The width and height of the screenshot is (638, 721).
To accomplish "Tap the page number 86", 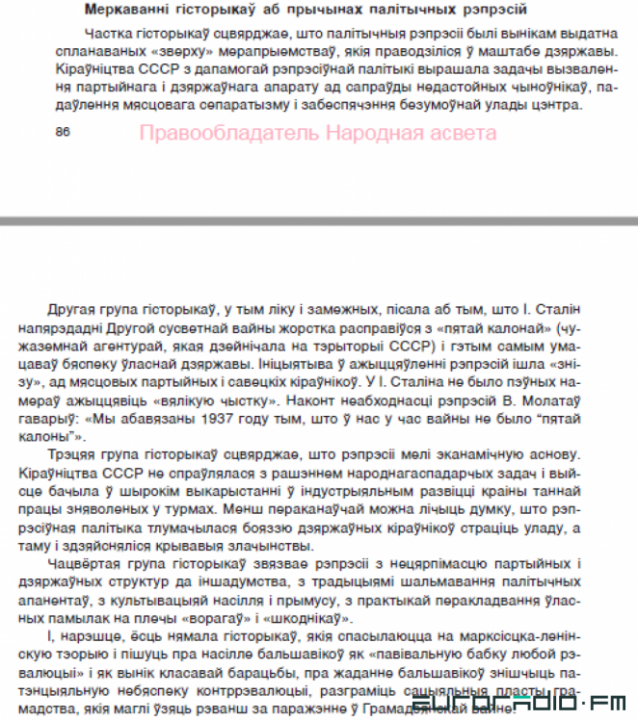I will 64,132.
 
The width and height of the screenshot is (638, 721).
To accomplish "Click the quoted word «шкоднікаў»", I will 367,618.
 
